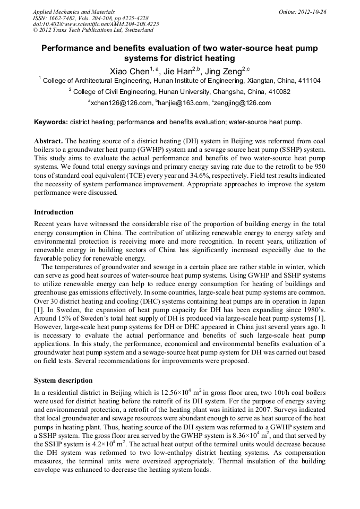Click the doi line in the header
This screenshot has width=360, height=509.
[96, 24]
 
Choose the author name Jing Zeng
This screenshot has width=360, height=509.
[224, 71]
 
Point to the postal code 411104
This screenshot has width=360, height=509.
[307, 81]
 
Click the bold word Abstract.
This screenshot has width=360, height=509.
[49, 141]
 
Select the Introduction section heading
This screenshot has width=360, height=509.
[54, 212]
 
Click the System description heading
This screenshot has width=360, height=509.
[63, 381]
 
